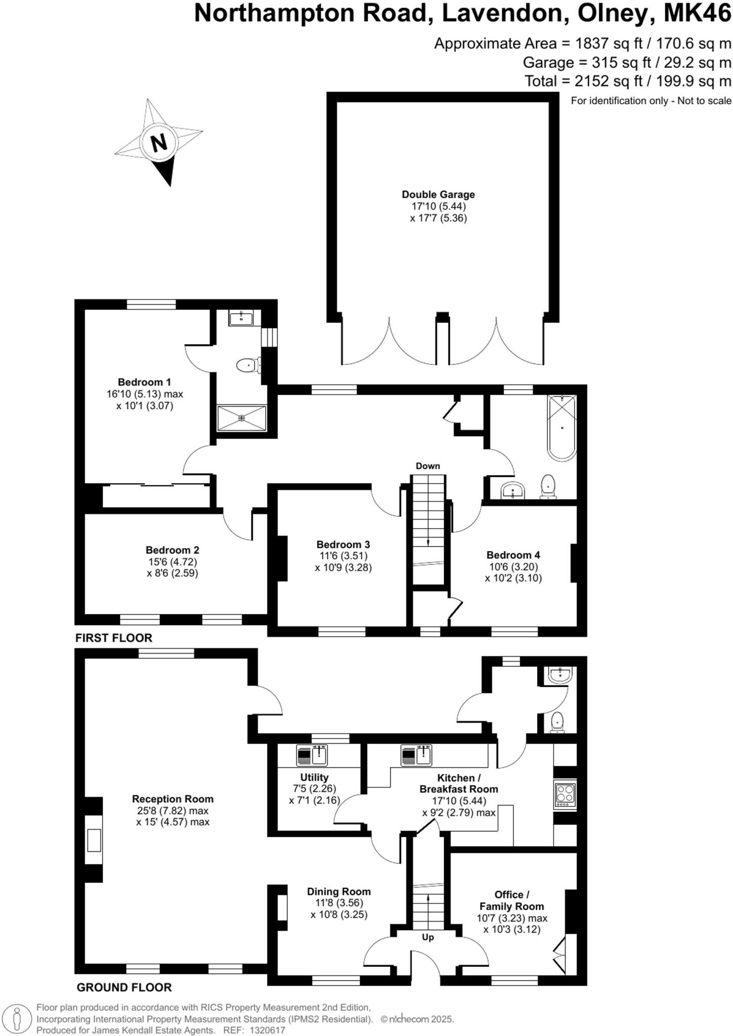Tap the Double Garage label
[438, 195]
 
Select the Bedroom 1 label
[144, 382]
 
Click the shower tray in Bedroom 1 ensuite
[242, 418]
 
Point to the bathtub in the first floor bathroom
[561, 428]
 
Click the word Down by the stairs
[428, 466]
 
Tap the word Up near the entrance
[428, 937]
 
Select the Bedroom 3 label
[343, 545]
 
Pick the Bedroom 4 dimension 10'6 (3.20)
[513, 567]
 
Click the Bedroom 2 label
[172, 550]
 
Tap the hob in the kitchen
[565, 795]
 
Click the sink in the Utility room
[319, 756]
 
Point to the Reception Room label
[173, 799]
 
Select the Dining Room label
[339, 892]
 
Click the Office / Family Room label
[512, 901]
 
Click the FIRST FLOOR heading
[114, 638]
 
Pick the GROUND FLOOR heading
[124, 987]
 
